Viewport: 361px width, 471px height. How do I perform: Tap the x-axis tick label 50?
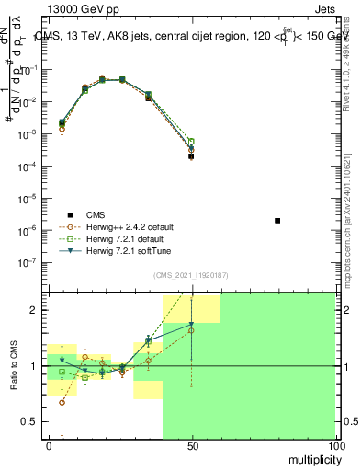click(192, 445)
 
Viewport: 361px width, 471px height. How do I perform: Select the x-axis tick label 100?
click(335, 445)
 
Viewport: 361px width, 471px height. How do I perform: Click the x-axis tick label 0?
click(49, 445)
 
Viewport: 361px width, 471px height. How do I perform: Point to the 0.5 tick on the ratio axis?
click(34, 421)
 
